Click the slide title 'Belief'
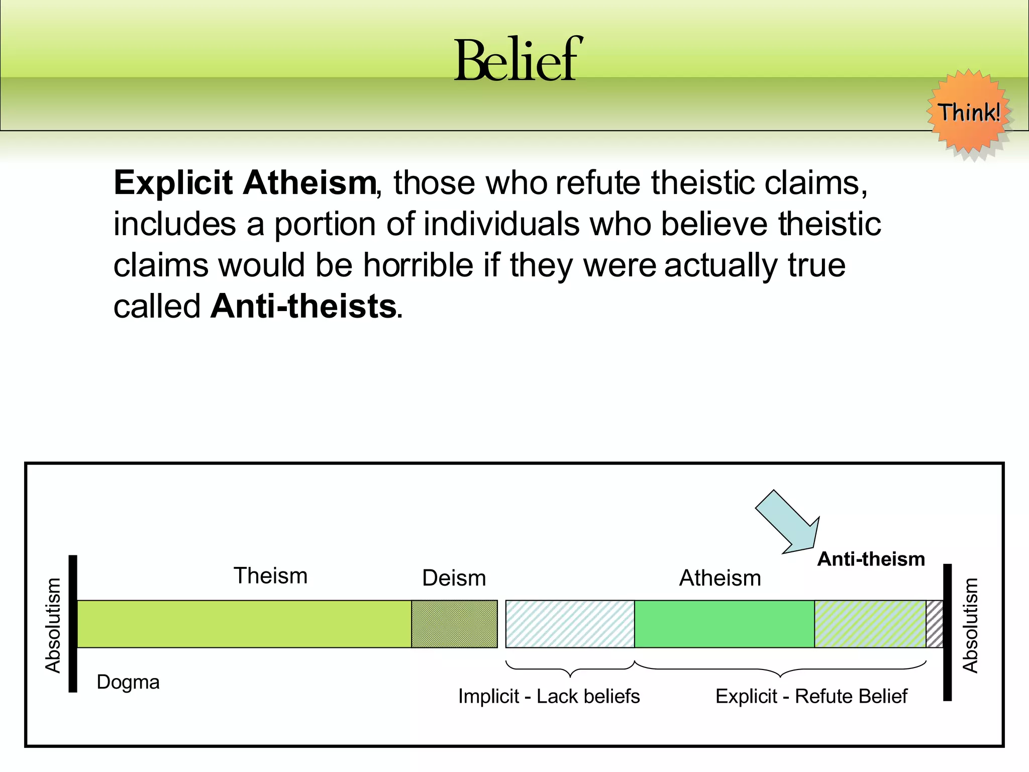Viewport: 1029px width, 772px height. click(x=518, y=60)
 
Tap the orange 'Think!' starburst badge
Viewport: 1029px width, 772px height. click(x=969, y=114)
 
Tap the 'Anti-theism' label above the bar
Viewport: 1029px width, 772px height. click(x=871, y=559)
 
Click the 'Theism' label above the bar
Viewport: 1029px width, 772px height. click(x=270, y=575)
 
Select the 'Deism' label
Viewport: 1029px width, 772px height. click(x=454, y=578)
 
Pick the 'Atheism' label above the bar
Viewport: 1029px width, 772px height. click(x=720, y=578)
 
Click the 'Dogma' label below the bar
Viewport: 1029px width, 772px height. click(x=128, y=682)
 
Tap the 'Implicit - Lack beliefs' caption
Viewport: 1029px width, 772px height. click(x=549, y=697)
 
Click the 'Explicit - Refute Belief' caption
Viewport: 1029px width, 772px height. click(x=811, y=697)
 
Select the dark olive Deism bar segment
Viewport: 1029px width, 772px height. click(x=454, y=624)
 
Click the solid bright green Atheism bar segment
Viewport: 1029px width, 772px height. click(x=724, y=624)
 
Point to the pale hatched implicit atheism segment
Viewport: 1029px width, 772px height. click(x=570, y=624)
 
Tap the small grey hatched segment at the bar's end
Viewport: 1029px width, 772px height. click(x=934, y=624)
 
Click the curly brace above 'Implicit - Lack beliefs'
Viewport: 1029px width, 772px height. click(x=570, y=669)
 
